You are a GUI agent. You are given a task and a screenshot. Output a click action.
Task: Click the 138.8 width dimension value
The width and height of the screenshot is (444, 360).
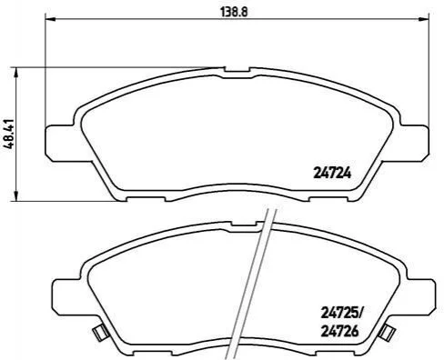tap(234, 12)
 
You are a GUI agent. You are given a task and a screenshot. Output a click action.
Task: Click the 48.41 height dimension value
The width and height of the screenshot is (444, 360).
tap(9, 133)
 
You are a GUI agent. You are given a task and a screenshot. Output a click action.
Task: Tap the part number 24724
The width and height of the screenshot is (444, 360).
tap(332, 174)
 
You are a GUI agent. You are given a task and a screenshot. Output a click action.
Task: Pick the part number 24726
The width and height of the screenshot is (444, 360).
tap(339, 331)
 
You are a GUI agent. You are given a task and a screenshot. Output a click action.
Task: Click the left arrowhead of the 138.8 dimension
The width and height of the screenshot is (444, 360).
tap(49, 19)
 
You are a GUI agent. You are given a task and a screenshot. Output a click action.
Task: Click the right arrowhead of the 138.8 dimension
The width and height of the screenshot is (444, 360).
tap(424, 19)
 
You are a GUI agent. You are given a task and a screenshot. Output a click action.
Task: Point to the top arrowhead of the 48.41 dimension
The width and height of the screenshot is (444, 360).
tap(17, 72)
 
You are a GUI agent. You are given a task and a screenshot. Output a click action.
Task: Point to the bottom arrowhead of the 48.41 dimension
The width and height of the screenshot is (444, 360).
tap(17, 195)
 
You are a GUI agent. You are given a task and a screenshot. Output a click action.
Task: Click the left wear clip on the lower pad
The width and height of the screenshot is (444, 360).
tap(100, 333)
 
